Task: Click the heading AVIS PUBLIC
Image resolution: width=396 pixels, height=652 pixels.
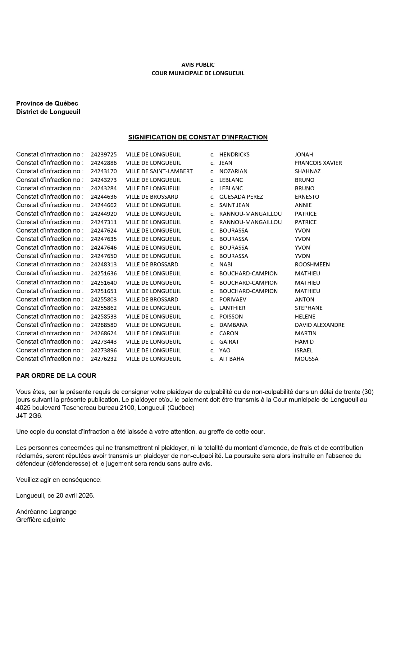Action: pyautogui.click(x=198, y=65)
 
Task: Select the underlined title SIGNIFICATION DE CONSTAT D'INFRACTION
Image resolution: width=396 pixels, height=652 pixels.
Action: pyautogui.click(x=198, y=137)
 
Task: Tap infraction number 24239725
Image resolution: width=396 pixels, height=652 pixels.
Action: pyautogui.click(x=104, y=155)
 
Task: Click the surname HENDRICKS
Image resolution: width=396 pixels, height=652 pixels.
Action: pyautogui.click(x=234, y=155)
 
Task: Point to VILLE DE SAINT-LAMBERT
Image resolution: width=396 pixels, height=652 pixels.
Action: pyautogui.click(x=159, y=171)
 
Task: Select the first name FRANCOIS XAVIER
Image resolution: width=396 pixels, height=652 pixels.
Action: pyautogui.click(x=318, y=163)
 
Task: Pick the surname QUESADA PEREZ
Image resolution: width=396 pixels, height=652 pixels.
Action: pyautogui.click(x=241, y=197)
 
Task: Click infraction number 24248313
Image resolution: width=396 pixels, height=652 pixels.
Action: pyautogui.click(x=104, y=265)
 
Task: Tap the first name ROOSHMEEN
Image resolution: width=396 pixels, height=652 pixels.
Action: pyautogui.click(x=312, y=265)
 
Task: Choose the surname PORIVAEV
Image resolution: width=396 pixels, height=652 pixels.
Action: pyautogui.click(x=233, y=300)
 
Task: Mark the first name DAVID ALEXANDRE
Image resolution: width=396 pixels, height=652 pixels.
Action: pyautogui.click(x=320, y=325)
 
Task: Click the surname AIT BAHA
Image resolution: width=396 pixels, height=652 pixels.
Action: pyautogui.click(x=232, y=359)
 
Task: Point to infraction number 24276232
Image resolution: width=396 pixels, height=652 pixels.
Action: pyautogui.click(x=104, y=359)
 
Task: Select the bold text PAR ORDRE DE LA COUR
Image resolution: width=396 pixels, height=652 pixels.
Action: pyautogui.click(x=56, y=376)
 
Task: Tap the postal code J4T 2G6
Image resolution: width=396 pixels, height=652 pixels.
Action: pyautogui.click(x=29, y=416)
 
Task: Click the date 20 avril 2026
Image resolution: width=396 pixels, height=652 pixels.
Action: pyautogui.click(x=75, y=496)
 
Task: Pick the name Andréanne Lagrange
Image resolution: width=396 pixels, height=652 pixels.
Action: pyautogui.click(x=46, y=512)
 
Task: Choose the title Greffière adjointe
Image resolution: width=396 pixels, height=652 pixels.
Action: pyautogui.click(x=41, y=520)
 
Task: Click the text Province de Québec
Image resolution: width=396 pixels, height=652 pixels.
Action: pyautogui.click(x=47, y=103)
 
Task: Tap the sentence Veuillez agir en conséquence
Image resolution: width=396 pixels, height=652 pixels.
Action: pyautogui.click(x=59, y=480)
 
